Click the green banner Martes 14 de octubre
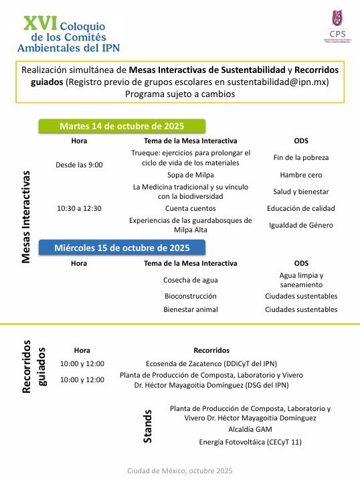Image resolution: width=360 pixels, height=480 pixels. [122, 126]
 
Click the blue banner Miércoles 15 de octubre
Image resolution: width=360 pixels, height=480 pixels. [122, 248]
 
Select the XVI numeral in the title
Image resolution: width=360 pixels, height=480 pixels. [39, 23]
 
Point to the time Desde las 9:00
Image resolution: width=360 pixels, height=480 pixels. [79, 164]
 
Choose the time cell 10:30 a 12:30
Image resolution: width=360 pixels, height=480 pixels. [79, 208]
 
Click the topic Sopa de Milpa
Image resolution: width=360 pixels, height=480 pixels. [191, 175]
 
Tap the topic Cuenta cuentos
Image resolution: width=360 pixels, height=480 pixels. [191, 208]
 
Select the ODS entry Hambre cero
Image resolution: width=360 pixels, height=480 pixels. [301, 175]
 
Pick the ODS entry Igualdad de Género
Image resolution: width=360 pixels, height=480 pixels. [301, 225]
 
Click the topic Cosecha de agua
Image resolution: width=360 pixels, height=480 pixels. [191, 279]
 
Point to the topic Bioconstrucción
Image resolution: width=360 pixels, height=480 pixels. [191, 295]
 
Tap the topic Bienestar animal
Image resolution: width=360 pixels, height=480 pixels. [191, 309]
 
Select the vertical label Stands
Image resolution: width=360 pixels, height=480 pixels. [148, 426]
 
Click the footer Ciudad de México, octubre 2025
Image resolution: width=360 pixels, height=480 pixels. [179, 471]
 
